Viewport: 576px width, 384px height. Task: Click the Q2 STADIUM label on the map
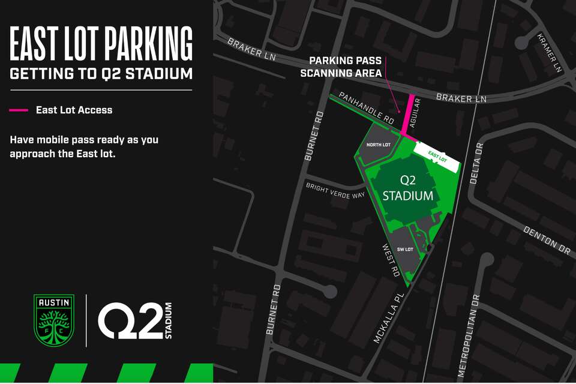point(408,188)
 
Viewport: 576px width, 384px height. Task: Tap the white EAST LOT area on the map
point(438,154)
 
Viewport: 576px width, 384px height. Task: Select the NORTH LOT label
point(379,145)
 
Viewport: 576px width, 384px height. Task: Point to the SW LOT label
point(406,249)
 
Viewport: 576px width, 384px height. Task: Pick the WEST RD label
point(391,260)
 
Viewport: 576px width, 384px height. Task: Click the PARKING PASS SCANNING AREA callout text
point(346,67)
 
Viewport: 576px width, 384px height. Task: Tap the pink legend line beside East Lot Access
point(19,110)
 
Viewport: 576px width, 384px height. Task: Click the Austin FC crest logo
point(54,320)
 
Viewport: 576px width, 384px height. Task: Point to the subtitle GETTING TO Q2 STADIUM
point(101,74)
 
